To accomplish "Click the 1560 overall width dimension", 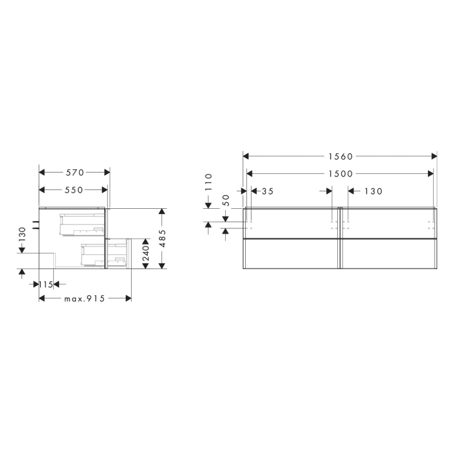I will [x=340, y=156].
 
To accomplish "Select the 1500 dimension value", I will [x=340, y=174].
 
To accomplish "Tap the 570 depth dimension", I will [x=75, y=173].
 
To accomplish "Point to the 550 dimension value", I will [x=74, y=190].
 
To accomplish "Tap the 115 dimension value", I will [x=45, y=285].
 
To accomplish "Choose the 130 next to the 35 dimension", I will [x=373, y=191].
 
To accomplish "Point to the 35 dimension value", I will [x=266, y=191].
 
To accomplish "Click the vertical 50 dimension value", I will [x=226, y=200].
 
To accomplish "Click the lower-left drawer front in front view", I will [x=291, y=253].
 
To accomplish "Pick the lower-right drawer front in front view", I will [x=388, y=253].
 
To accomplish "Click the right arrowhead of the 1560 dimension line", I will [x=435, y=156].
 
